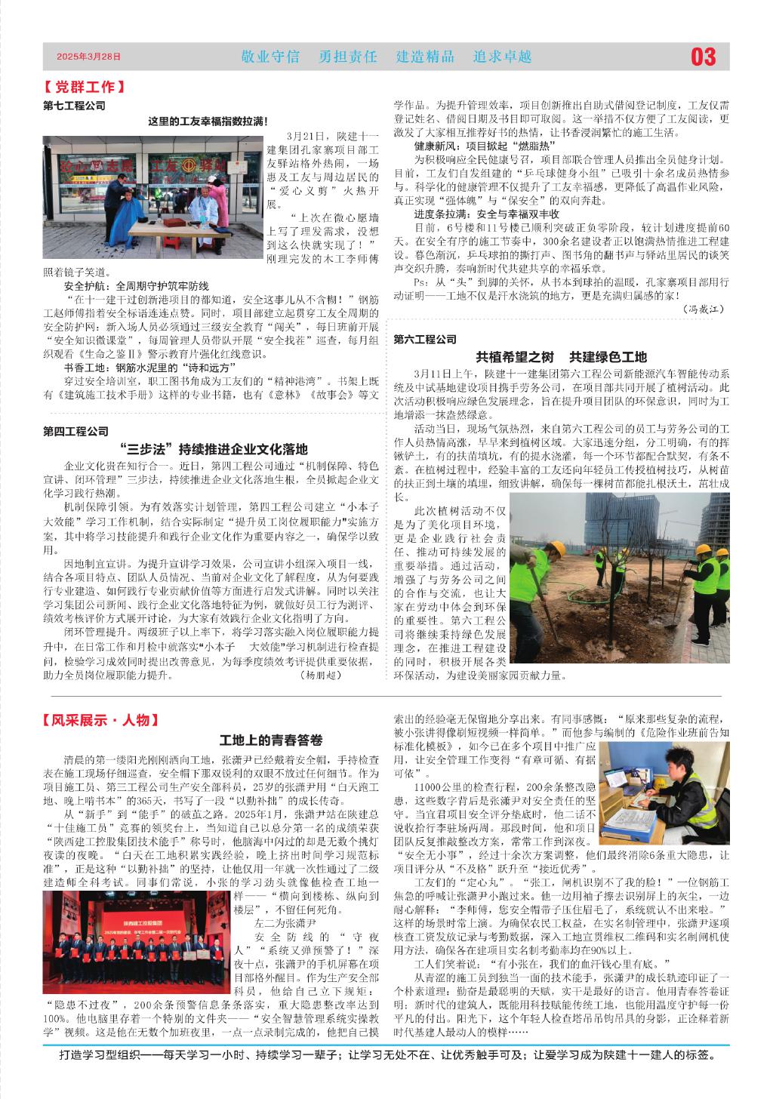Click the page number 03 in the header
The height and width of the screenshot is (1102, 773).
[x=703, y=57]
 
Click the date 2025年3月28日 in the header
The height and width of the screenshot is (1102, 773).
[x=88, y=57]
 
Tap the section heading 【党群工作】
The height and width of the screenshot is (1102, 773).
[x=84, y=88]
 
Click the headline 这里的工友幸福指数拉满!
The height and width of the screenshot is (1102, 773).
[x=208, y=121]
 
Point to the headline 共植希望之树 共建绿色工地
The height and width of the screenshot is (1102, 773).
[x=561, y=357]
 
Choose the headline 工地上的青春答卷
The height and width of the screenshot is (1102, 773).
[x=271, y=740]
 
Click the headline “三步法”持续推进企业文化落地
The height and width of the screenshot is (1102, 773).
[x=214, y=450]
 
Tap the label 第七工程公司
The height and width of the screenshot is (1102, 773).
[x=75, y=106]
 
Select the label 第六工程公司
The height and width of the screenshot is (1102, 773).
[x=425, y=340]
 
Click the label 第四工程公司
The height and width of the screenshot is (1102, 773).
[x=75, y=432]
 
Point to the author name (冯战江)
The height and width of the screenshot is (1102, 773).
[x=704, y=309]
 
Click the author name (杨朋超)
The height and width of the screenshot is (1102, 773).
[x=321, y=675]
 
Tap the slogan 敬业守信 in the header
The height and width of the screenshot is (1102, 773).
[x=269, y=57]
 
